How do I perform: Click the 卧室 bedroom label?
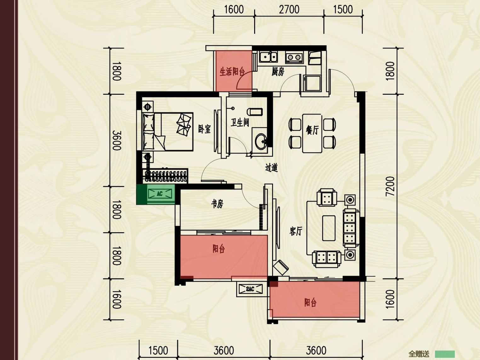[x=204, y=129]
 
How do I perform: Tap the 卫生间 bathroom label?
[x=240, y=123]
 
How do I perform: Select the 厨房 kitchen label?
[x=278, y=72]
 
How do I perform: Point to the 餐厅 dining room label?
[x=312, y=130]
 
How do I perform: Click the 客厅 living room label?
[x=296, y=231]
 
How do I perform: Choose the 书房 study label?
[x=217, y=204]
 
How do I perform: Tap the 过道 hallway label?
[x=271, y=168]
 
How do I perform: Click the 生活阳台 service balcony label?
[x=232, y=71]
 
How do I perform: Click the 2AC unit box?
[x=250, y=289]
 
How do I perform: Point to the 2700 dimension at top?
[x=289, y=10]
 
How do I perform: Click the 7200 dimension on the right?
[x=390, y=186]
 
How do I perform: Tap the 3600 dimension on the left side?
[x=117, y=140]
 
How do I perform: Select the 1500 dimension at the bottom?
[x=158, y=350]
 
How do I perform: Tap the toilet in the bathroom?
[x=254, y=112]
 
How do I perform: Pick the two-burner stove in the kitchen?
[x=294, y=57]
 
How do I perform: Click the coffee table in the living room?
[x=329, y=228]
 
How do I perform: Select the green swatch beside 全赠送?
[x=445, y=354]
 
